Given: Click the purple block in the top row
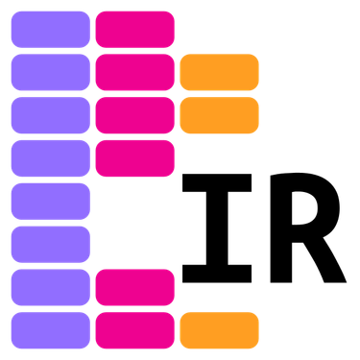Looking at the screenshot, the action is [x=50, y=29].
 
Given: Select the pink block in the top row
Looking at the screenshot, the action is [x=134, y=29].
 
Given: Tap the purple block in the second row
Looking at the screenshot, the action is [x=50, y=72].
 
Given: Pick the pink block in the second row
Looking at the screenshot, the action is [x=134, y=72].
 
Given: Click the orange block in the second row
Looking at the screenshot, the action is [x=219, y=72].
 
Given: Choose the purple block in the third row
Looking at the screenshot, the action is [x=50, y=115].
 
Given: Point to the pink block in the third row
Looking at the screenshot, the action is [x=134, y=115].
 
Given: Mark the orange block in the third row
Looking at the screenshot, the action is [x=219, y=115].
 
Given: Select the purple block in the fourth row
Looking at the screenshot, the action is [x=50, y=158].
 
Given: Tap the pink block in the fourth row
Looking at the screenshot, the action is [x=134, y=158].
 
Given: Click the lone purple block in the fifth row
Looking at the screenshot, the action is [x=50, y=202].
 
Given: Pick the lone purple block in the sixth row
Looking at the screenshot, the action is [x=50, y=244].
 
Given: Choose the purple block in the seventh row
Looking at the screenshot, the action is [x=50, y=287].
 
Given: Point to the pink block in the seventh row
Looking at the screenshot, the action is [x=134, y=287].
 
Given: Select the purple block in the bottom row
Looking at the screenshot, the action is [x=50, y=330].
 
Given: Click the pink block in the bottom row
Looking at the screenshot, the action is [x=134, y=330].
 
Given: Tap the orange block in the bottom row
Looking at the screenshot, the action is [x=219, y=330].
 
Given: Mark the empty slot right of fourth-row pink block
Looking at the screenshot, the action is [x=219, y=158].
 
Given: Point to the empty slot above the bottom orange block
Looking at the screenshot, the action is [x=219, y=287].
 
